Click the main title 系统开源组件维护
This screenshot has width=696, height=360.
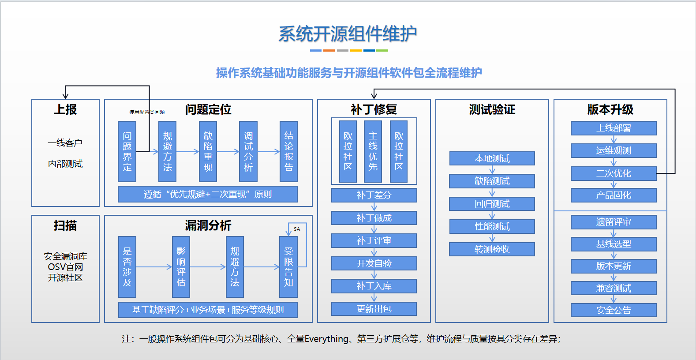tap(348, 34)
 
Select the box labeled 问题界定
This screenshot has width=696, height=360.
tap(127, 151)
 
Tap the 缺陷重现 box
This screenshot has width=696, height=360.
tap(208, 151)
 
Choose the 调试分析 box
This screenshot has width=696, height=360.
tap(248, 151)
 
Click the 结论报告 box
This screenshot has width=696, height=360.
tap(288, 151)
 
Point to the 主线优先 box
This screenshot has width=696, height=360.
tap(373, 151)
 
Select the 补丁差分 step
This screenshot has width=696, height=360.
tap(374, 195)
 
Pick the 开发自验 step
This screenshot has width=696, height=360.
tap(374, 263)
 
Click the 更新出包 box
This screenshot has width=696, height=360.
tap(374, 309)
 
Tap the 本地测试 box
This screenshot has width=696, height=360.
tap(492, 158)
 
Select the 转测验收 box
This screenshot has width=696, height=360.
tap(492, 249)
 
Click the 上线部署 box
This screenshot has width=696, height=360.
tap(614, 128)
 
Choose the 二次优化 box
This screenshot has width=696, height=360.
tap(614, 173)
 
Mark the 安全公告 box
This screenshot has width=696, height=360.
tap(614, 310)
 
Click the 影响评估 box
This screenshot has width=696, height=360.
tap(181, 266)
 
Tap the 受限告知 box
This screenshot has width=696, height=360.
tap(288, 266)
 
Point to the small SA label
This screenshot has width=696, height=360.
tap(297, 229)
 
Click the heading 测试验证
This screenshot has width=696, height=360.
tap(492, 109)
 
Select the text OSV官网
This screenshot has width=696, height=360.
tap(65, 267)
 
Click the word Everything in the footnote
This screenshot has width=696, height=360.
tap(326, 339)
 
